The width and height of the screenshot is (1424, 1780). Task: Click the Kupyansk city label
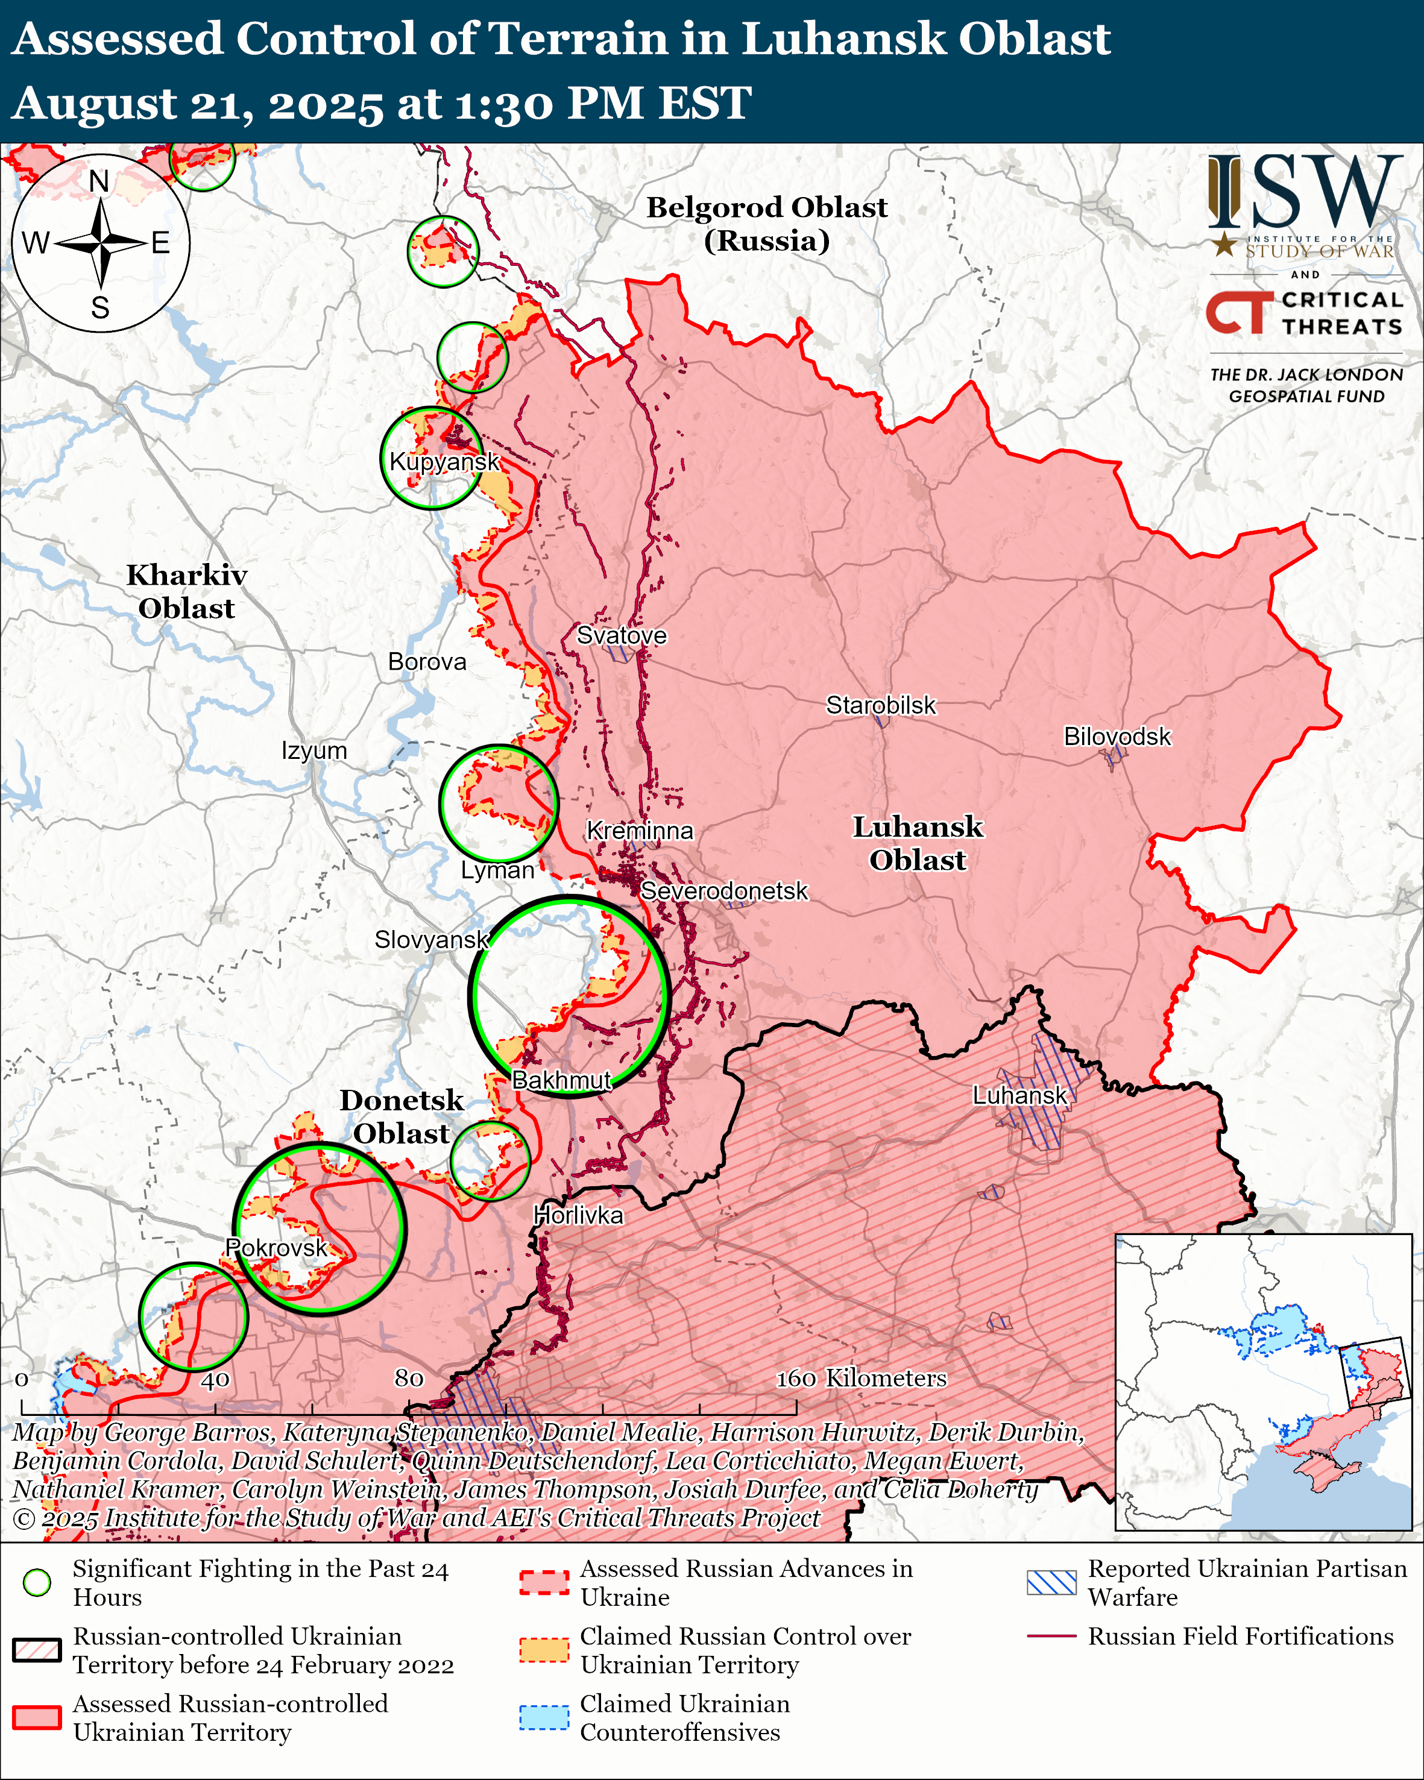pos(444,462)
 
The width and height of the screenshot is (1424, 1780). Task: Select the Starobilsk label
pos(881,705)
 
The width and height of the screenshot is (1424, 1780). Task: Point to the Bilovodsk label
pos(1117,737)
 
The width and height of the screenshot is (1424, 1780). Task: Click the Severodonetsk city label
pos(724,891)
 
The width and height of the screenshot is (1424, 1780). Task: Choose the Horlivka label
pos(578,1215)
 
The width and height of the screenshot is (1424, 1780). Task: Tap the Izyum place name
pos(313,750)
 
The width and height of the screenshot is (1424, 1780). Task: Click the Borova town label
pos(427,661)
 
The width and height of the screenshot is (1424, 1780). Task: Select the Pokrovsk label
pos(277,1248)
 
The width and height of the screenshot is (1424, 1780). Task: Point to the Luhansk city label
pos(1019,1096)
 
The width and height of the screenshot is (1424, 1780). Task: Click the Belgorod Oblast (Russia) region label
pos(766,224)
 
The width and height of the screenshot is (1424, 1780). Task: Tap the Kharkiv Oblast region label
pos(186,591)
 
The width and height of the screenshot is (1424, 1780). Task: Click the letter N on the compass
pos(99,181)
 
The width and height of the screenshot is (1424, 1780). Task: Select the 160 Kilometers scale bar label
pos(861,1378)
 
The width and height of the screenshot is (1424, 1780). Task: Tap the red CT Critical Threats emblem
pos(1239,313)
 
